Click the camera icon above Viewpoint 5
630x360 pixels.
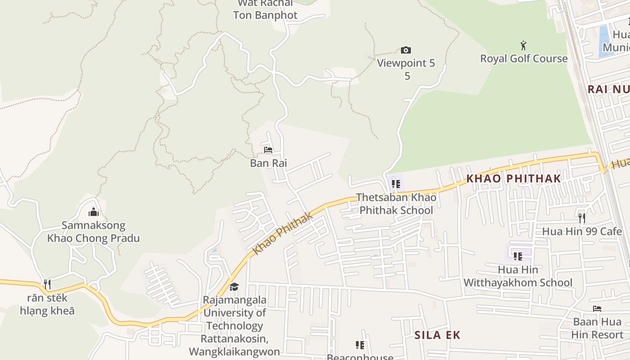[x=405, y=50]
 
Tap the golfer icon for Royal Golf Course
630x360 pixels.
[x=523, y=45]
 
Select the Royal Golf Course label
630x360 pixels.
[x=524, y=58]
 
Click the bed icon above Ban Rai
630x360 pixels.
[x=268, y=150]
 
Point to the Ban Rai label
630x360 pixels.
[x=268, y=163]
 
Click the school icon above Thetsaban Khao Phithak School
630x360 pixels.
[x=396, y=184]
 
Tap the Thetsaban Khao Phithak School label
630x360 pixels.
[x=396, y=204]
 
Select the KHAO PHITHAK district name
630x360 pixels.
[x=513, y=178]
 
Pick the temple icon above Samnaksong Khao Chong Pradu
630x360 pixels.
[x=94, y=211]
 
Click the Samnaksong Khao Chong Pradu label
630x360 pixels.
[x=94, y=232]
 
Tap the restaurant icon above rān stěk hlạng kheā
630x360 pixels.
[x=47, y=284]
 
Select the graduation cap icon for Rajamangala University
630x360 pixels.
[x=234, y=287]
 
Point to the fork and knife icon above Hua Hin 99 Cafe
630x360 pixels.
[x=582, y=218]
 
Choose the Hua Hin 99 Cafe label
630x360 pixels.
[x=581, y=231]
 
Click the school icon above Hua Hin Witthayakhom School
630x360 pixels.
[x=518, y=256]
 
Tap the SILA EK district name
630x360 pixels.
[x=437, y=335]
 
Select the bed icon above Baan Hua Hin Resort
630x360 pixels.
[x=597, y=309]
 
